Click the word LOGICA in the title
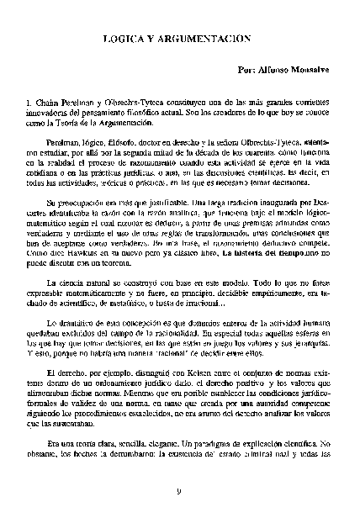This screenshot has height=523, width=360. (126, 39)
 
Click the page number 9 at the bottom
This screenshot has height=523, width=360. (179, 492)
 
